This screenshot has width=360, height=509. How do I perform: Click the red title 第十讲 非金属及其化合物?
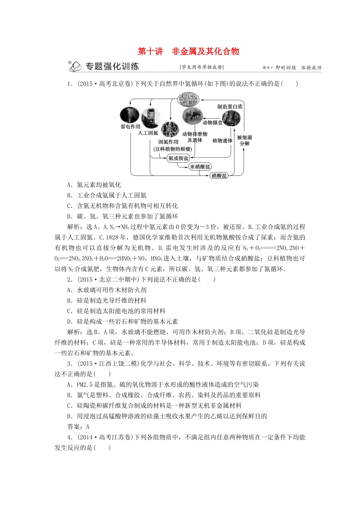pyautogui.click(x=188, y=52)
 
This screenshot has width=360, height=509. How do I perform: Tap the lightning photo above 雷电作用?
pyautogui.click(x=130, y=115)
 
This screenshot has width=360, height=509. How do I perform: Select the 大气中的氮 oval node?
pyautogui.click(x=188, y=100)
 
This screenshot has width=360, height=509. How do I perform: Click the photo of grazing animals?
pyautogui.click(x=192, y=116)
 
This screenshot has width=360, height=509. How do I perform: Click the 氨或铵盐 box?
pyautogui.click(x=178, y=158)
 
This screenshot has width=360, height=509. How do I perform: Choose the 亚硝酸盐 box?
pyautogui.click(x=200, y=167)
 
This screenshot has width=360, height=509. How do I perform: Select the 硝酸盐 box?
pyautogui.click(x=219, y=175)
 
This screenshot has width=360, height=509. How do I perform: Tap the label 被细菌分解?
pyautogui.click(x=244, y=141)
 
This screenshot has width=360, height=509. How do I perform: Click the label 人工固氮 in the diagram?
pyautogui.click(x=148, y=133)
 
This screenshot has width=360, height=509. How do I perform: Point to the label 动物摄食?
pyautogui.click(x=212, y=123)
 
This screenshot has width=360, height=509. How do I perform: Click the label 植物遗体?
pyautogui.click(x=222, y=141)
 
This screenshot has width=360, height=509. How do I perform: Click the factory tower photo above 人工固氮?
pyautogui.click(x=150, y=117)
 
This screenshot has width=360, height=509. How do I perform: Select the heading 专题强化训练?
pyautogui.click(x=112, y=66)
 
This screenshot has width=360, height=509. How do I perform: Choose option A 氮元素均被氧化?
pyautogui.click(x=94, y=185)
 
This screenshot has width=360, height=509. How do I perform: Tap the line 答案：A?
pyautogui.click(x=78, y=427)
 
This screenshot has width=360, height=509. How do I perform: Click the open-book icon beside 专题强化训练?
pyautogui.click(x=75, y=66)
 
